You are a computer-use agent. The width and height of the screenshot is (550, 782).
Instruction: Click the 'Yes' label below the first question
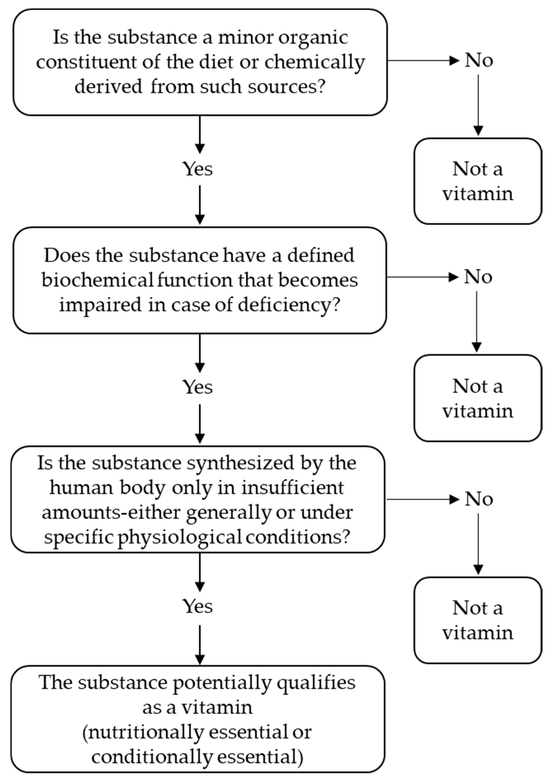point(198,169)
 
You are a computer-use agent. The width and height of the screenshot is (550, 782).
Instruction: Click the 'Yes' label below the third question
point(198,606)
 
